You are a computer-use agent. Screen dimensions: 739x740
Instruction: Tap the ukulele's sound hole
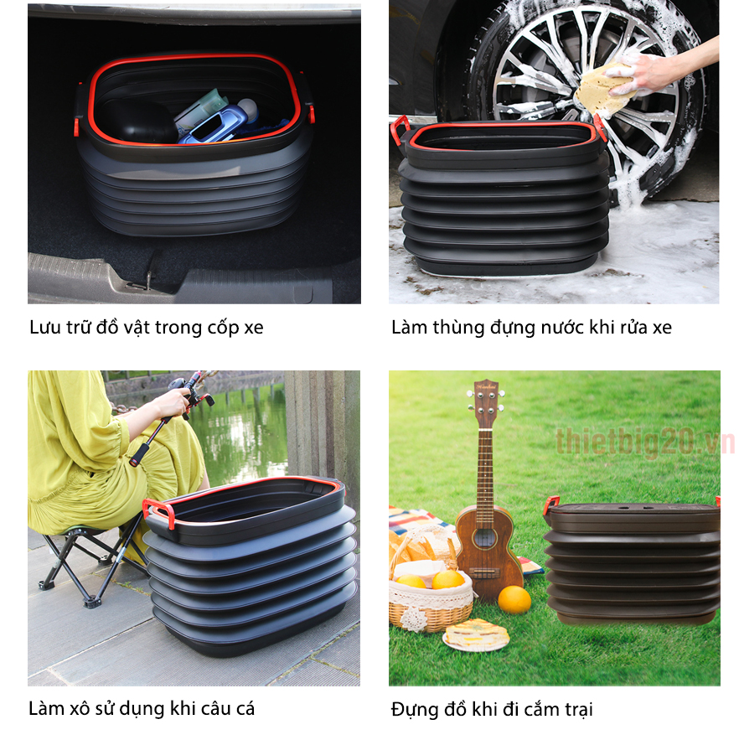tap(484, 539)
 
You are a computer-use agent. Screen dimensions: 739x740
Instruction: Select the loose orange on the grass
tap(514, 599)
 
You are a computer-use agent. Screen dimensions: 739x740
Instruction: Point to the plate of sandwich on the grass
tap(476, 634)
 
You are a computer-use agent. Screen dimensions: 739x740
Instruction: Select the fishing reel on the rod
tap(182, 388)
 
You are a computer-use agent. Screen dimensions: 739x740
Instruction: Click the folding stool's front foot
tap(91, 602)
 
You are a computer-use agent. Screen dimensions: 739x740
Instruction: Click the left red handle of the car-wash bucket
tap(399, 129)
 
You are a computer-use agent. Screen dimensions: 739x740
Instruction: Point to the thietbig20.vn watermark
tap(644, 442)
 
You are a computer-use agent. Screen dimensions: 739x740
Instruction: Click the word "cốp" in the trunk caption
tap(223, 328)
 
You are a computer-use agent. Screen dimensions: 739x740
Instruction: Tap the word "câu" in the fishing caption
tap(219, 709)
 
